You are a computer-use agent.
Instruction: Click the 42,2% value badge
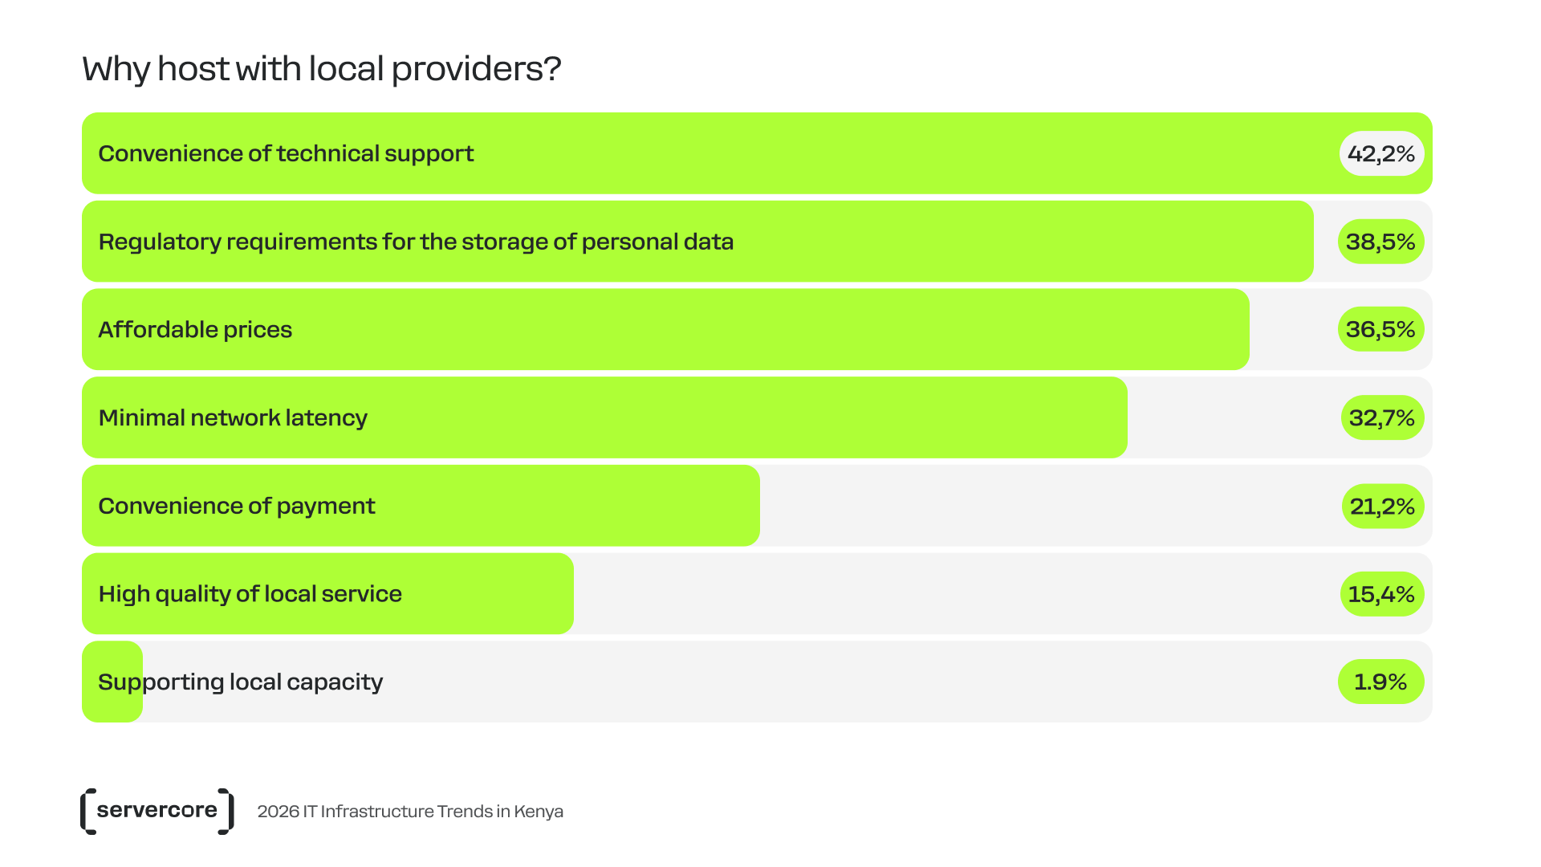(1381, 153)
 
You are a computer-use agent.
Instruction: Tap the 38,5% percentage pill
(1380, 242)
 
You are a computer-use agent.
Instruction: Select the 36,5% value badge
(1380, 329)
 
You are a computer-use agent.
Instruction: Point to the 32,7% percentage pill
(1381, 417)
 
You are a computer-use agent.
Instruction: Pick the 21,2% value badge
(1382, 506)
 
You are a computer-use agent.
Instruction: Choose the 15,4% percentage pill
(1381, 594)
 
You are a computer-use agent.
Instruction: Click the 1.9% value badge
(1380, 682)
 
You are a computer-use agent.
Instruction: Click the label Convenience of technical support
(286, 153)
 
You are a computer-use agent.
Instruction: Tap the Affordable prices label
(195, 329)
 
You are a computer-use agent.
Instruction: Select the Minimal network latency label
(233, 417)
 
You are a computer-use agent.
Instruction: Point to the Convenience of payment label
(236, 506)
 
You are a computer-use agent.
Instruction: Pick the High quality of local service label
(250, 594)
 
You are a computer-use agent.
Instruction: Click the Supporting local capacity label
(240, 682)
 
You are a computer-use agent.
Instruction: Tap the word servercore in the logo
(157, 810)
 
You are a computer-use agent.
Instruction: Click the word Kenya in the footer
(539, 812)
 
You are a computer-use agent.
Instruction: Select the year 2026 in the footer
(278, 812)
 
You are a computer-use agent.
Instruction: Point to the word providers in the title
(475, 69)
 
